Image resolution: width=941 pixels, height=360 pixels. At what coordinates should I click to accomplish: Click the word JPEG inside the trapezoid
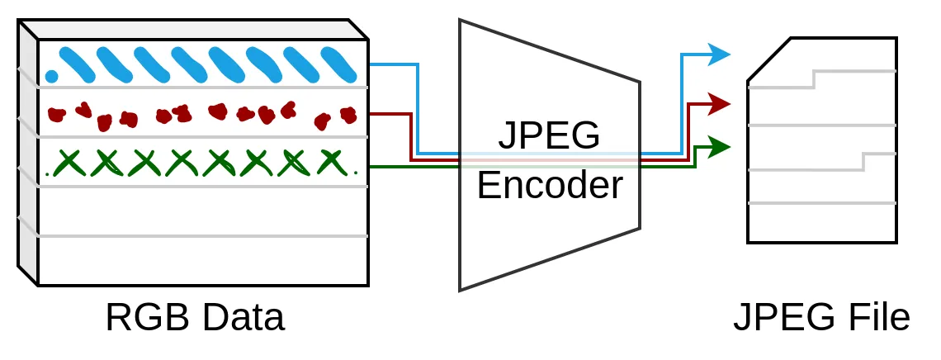tap(549, 135)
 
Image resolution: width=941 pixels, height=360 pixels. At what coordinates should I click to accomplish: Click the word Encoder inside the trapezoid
tap(549, 186)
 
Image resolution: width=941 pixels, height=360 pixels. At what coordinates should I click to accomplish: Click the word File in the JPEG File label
tap(877, 319)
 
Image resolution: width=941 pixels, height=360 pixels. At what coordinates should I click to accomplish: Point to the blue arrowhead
tap(720, 54)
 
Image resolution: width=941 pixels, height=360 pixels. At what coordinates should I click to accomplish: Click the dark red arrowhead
tap(720, 104)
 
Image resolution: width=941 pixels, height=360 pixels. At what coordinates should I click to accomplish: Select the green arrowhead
tap(720, 148)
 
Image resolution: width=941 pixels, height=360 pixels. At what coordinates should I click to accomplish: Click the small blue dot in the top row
tap(51, 77)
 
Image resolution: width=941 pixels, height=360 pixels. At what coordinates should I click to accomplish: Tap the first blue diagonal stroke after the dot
tap(78, 64)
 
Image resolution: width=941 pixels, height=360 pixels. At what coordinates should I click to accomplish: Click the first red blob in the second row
tap(57, 114)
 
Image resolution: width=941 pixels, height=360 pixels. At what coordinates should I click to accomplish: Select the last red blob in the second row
tap(348, 114)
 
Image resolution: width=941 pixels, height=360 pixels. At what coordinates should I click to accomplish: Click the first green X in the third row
tap(69, 163)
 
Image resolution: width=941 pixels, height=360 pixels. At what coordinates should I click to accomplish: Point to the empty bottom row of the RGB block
tap(202, 261)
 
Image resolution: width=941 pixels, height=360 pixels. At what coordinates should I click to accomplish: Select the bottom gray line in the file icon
tap(821, 203)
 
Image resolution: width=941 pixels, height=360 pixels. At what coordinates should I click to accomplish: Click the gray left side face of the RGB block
tap(28, 157)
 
